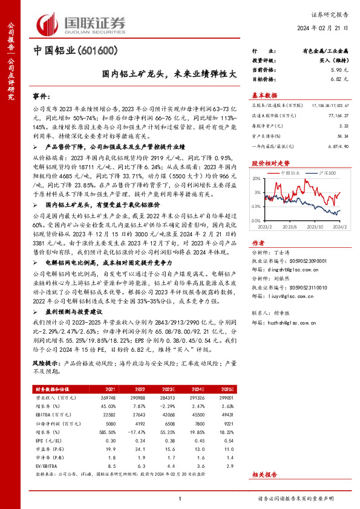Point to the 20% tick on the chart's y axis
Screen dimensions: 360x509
point(256,179)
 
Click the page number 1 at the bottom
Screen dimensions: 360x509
point(180,498)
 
